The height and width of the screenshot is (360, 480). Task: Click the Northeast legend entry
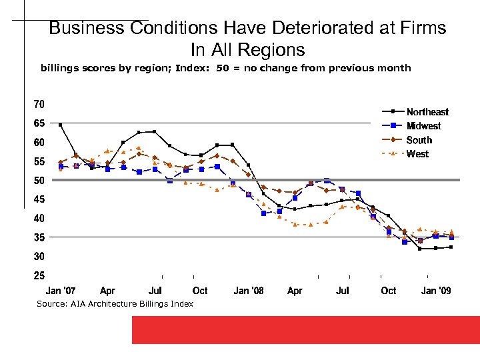(427, 112)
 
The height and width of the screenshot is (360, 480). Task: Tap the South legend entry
(419, 140)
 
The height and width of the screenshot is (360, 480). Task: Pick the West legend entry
(417, 154)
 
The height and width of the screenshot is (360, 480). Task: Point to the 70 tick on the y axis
(39, 104)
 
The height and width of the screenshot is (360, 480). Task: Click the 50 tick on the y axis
(39, 180)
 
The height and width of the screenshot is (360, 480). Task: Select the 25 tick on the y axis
(39, 275)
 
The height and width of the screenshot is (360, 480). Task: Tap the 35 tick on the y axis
(39, 237)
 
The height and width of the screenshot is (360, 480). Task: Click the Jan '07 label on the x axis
(60, 291)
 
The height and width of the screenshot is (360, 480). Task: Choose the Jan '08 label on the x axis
(249, 291)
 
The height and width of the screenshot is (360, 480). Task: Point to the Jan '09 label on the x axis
(436, 291)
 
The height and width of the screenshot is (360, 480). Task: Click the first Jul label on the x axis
(155, 291)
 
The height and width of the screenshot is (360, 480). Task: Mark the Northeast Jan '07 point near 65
(61, 125)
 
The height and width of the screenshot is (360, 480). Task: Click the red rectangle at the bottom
(305, 329)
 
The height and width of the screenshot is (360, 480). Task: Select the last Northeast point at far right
(451, 247)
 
